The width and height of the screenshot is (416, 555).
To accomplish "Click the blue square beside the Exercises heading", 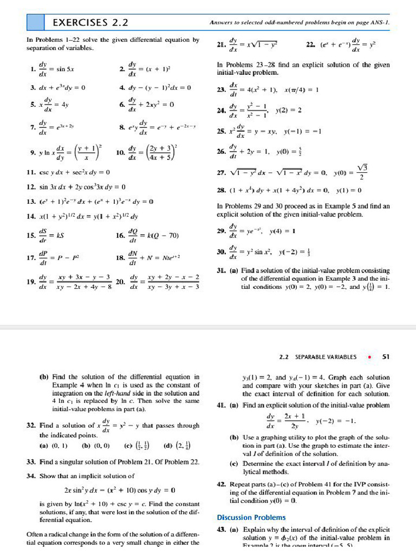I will click(x=35, y=22).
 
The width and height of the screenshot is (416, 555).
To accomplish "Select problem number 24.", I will click(x=220, y=110).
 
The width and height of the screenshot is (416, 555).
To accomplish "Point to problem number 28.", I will click(x=220, y=190).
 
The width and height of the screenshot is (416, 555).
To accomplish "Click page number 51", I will click(x=386, y=357).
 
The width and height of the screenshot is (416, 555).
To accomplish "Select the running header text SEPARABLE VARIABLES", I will click(x=326, y=357).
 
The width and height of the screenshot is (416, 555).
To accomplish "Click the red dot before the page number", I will click(x=369, y=357).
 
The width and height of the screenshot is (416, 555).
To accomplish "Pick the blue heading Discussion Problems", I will click(x=251, y=517).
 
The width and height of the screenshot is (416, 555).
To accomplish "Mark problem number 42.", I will click(x=220, y=483).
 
